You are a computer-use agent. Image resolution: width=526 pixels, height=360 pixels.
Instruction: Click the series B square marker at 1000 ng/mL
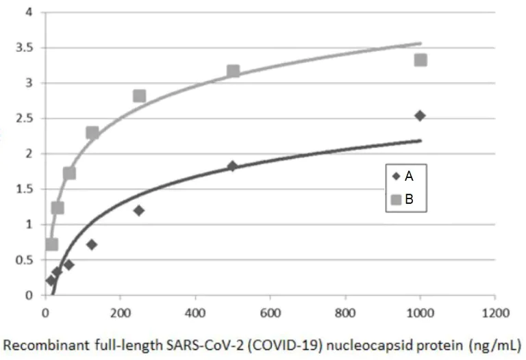[x=420, y=60]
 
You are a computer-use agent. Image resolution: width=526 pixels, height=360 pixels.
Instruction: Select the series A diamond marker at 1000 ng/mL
[x=420, y=115]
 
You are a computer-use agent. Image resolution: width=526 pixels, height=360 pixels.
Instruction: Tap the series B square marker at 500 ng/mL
[x=233, y=71]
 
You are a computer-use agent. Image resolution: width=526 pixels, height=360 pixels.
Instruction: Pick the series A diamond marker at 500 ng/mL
[x=232, y=166]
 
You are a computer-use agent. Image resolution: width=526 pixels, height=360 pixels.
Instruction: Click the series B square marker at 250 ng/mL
[x=139, y=96]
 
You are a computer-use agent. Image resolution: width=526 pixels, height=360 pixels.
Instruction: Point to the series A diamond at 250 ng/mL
[x=139, y=210]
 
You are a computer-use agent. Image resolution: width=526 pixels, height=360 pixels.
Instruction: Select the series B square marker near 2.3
[x=92, y=132]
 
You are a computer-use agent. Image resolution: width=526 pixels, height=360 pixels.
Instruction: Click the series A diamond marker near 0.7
[x=92, y=244]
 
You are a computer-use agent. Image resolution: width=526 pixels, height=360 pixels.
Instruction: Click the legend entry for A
[x=402, y=176]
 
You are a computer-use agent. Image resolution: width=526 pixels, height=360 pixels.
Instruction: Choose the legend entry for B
[x=402, y=200]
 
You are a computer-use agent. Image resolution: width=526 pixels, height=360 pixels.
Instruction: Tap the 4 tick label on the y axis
[x=28, y=12]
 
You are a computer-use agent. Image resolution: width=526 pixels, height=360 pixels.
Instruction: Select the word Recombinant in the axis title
[x=38, y=344]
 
